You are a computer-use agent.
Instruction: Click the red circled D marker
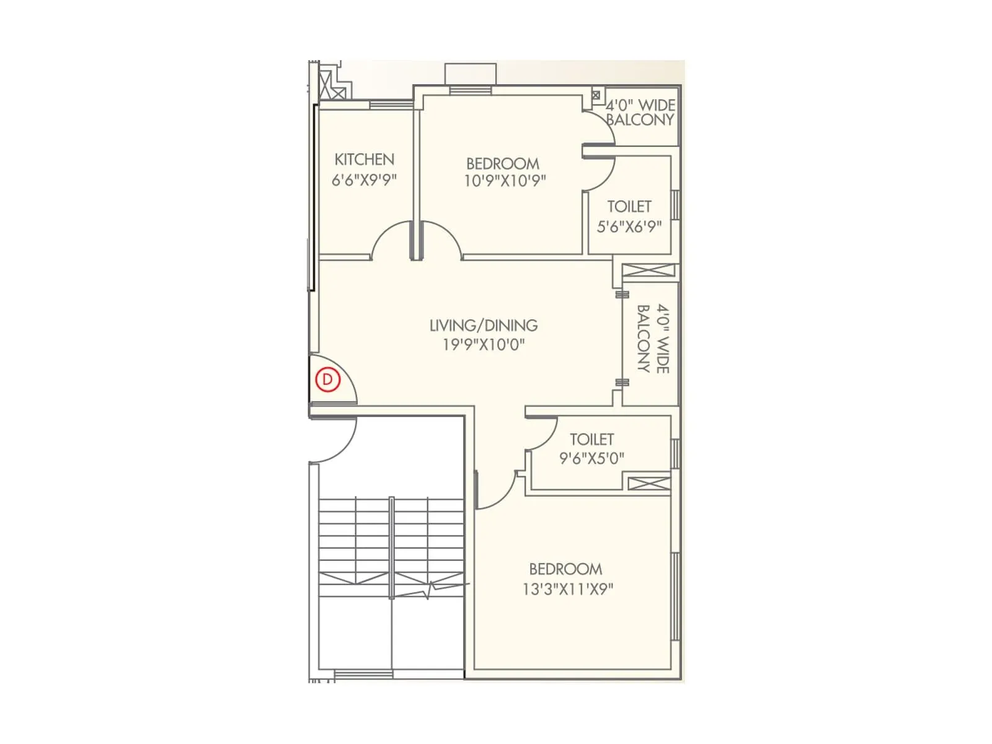[328, 379]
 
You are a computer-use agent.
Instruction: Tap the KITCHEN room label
[364, 159]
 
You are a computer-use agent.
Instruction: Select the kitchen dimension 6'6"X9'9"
[364, 180]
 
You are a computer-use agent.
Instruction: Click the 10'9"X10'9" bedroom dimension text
[505, 180]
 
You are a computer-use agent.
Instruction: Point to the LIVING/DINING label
[484, 325]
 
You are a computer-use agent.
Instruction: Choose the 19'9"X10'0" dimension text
[484, 344]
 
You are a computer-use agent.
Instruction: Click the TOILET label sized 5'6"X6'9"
[629, 206]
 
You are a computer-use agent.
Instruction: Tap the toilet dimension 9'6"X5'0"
[591, 458]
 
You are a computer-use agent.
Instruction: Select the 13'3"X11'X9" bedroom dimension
[567, 588]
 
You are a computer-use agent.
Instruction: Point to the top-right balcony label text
[640, 112]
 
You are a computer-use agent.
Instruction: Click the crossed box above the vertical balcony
[649, 270]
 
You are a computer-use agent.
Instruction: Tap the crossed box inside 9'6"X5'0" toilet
[649, 483]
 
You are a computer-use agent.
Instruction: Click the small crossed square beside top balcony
[596, 95]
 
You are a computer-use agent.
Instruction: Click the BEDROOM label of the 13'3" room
[565, 569]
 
